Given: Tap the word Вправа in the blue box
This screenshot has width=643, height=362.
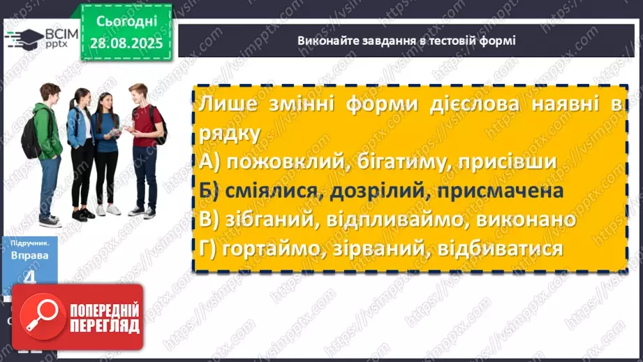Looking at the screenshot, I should pyautogui.click(x=29, y=256).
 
